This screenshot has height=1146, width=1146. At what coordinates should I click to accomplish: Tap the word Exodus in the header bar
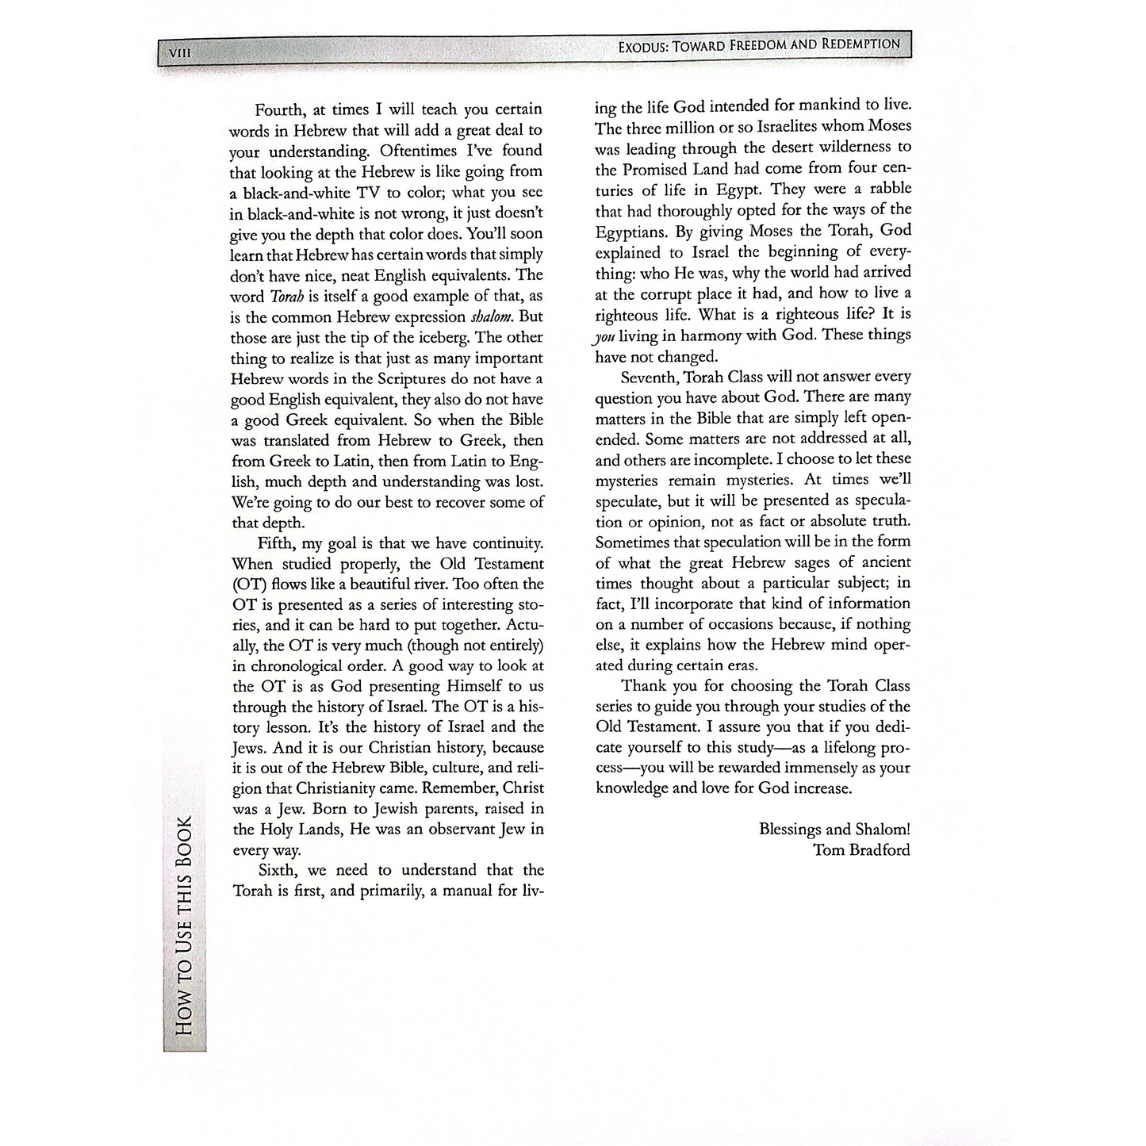[x=642, y=46]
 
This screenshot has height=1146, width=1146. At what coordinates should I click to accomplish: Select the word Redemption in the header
[x=860, y=44]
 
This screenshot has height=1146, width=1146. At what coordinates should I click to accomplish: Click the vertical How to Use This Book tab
[x=184, y=924]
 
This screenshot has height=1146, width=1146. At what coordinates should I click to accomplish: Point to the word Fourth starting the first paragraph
[x=280, y=109]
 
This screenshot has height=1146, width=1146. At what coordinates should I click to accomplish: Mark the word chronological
[x=293, y=666]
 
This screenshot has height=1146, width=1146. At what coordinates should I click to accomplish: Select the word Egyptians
[x=631, y=231]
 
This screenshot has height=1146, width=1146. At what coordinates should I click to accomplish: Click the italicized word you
[x=604, y=335]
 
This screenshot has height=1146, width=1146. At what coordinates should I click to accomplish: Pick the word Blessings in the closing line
[x=790, y=830]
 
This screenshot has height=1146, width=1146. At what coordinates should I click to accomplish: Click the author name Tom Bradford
[x=861, y=850]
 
